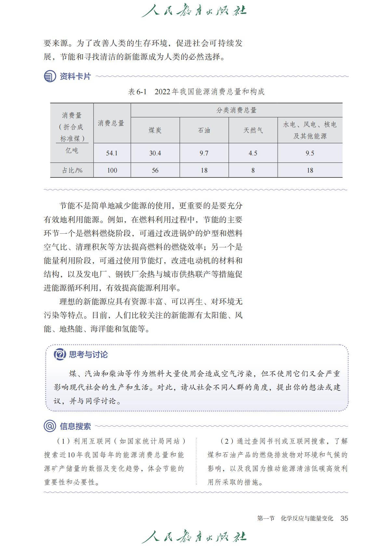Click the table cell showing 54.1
112,153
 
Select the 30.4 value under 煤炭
155,153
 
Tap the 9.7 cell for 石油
204,153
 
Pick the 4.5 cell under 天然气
253,153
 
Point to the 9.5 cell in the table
310,153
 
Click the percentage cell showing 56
155,170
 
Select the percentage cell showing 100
112,170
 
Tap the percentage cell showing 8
253,170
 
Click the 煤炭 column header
155,130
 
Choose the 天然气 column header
253,130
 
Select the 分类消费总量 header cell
236,110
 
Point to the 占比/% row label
72,170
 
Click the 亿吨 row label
72,150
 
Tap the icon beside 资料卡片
50,76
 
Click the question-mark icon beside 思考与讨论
60,354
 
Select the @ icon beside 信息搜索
50,426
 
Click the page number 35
344,518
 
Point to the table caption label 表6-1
138,92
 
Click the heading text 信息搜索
75,426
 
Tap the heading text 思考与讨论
88,354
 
